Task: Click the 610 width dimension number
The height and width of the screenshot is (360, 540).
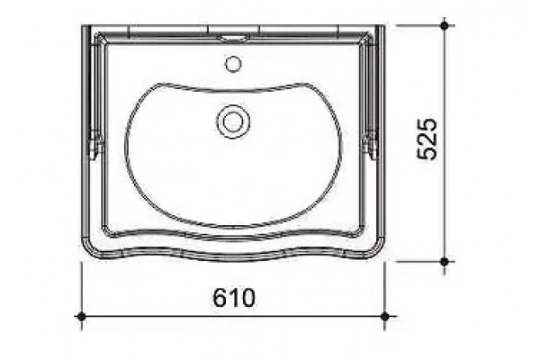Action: (x=234, y=298)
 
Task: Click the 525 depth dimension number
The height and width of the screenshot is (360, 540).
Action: (x=427, y=139)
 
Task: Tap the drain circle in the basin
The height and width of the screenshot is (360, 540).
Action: (x=233, y=121)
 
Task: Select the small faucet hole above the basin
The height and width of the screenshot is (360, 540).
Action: (x=233, y=65)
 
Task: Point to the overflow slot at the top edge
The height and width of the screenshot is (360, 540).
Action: (x=234, y=38)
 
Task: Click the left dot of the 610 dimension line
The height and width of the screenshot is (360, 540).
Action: (x=82, y=316)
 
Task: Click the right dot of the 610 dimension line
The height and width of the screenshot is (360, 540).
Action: (x=385, y=316)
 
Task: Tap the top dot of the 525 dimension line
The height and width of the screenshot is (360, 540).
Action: (x=445, y=25)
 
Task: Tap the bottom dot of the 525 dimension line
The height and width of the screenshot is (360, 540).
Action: (x=445, y=262)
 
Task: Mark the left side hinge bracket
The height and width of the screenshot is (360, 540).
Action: (x=96, y=145)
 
